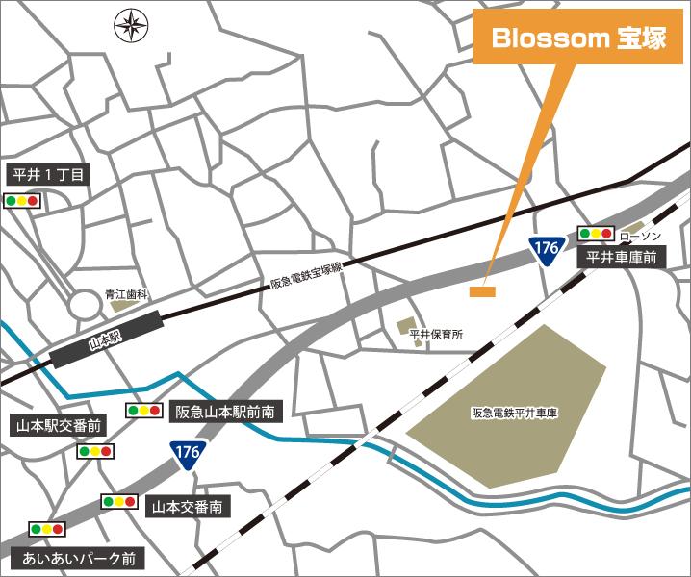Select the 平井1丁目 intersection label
point(48,176)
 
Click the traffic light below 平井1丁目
point(22,201)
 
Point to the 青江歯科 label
point(125,296)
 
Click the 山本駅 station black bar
point(103,340)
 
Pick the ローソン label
point(639,236)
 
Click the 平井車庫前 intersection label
point(621,258)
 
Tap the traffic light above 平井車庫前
point(595,233)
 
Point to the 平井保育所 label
point(436,335)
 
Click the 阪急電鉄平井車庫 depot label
point(515,413)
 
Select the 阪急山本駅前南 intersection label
point(226,412)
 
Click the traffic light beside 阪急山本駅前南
point(143,411)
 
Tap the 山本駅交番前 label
point(55,425)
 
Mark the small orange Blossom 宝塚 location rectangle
point(482,290)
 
